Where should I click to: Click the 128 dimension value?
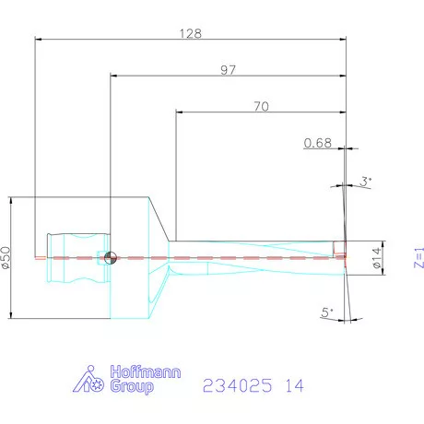click(190, 32)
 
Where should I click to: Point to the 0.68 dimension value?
click(317, 142)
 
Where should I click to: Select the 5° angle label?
click(327, 313)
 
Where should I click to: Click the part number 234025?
click(236, 383)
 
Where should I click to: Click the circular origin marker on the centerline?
click(110, 257)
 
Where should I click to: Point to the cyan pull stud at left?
click(70, 257)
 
